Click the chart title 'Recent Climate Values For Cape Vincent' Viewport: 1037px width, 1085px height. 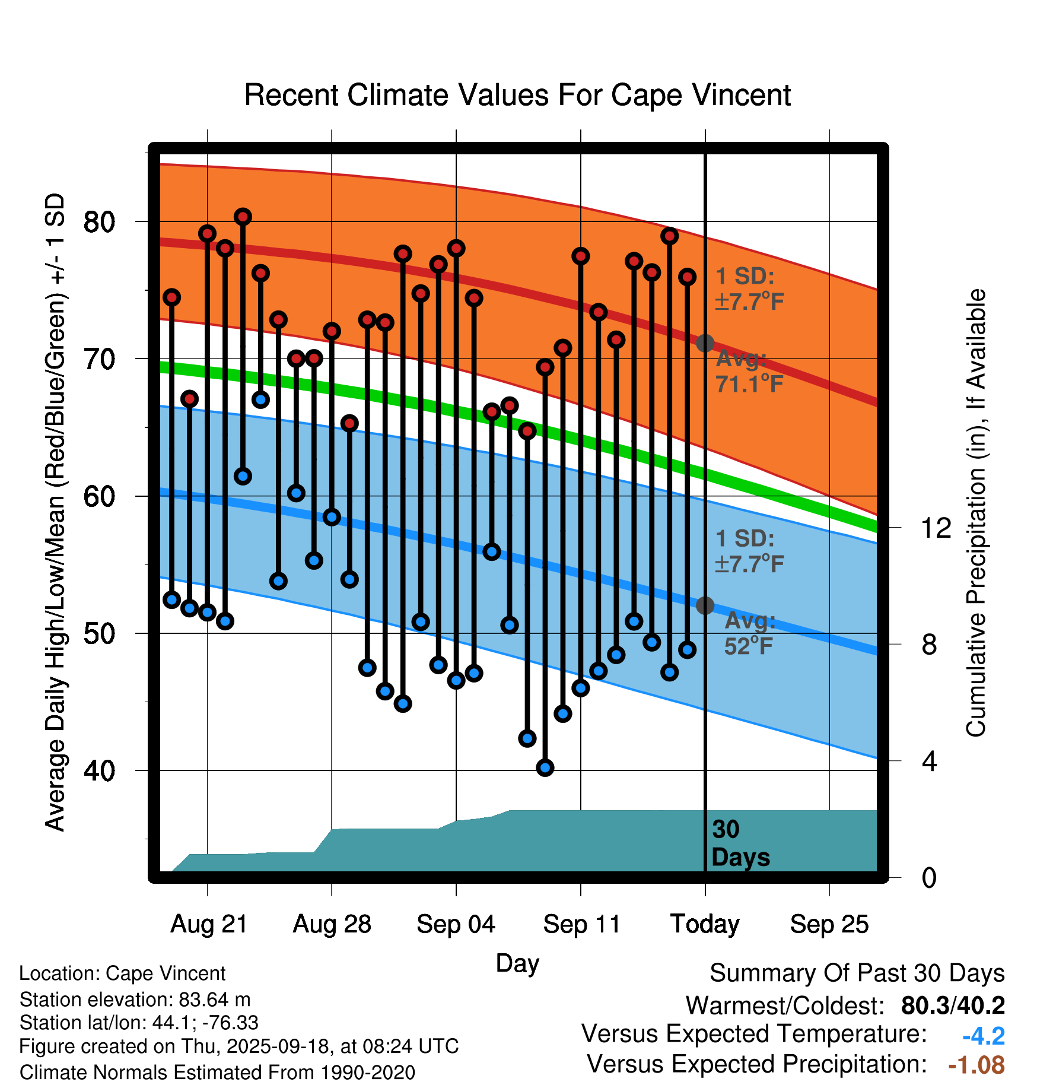point(517,95)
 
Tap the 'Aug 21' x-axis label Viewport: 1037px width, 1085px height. point(209,924)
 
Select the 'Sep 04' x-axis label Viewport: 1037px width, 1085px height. point(456,924)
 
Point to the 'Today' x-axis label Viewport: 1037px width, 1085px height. point(705,924)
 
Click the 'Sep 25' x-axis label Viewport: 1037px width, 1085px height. point(829,924)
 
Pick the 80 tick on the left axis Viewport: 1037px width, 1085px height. point(99,222)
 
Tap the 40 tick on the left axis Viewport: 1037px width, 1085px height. point(99,770)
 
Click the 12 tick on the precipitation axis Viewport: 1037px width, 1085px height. point(936,528)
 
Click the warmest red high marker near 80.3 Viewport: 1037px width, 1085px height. point(243,217)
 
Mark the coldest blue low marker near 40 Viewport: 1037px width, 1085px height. point(545,767)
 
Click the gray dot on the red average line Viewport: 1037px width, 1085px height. point(705,343)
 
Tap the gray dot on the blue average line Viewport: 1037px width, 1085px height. point(705,605)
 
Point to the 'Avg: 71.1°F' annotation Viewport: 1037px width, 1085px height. point(749,372)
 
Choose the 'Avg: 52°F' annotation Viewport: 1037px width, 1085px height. point(749,633)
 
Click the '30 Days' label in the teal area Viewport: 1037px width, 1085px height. point(740,843)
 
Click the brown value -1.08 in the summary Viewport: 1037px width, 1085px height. point(976,1065)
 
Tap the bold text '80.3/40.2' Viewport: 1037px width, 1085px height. point(953,1005)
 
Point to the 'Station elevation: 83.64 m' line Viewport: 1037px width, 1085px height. point(135,1000)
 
